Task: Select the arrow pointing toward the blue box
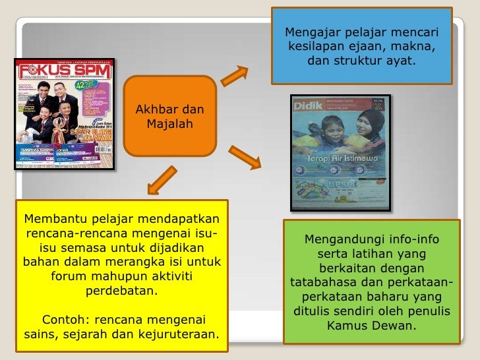click(234, 75)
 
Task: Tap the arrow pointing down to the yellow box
click(161, 179)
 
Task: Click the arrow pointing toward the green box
click(247, 156)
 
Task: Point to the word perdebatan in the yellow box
click(121, 291)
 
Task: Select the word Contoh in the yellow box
click(64, 320)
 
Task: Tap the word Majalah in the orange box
click(169, 123)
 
